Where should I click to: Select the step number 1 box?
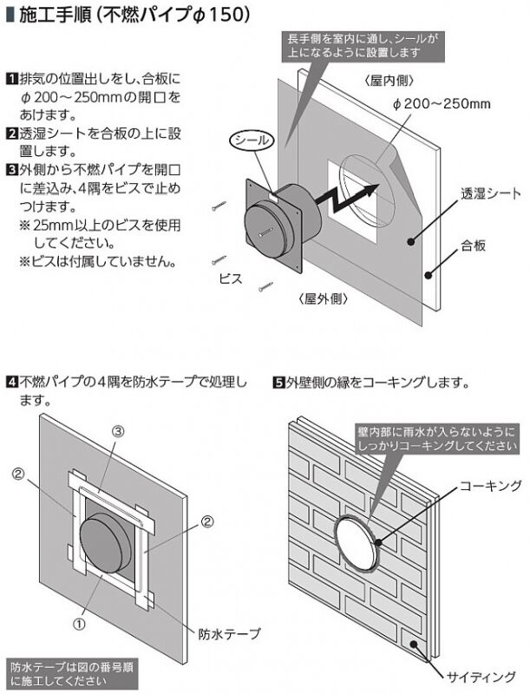click(x=11, y=76)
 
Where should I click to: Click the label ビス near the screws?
click(x=231, y=279)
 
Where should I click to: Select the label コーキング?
click(x=490, y=484)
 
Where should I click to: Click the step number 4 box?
click(x=11, y=381)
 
